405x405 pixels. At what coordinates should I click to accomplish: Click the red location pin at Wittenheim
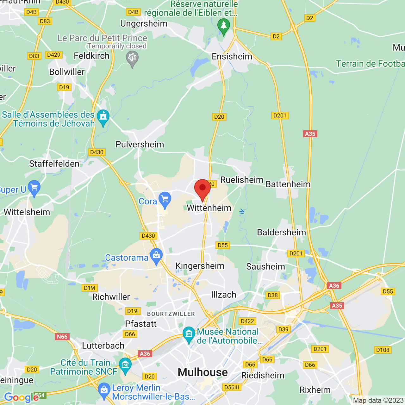point(202,189)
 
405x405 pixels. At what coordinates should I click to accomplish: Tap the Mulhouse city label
point(202,372)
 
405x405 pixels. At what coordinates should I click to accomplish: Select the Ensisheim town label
point(232,56)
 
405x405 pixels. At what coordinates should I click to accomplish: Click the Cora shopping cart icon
point(165,199)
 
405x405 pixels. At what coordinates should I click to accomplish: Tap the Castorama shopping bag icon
point(156,255)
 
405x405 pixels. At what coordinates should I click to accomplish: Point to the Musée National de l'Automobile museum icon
point(189,334)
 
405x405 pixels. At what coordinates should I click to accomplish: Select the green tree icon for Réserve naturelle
point(224,25)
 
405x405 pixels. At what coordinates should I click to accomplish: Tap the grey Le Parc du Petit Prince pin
point(132,58)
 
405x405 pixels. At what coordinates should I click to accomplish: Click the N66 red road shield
point(62,336)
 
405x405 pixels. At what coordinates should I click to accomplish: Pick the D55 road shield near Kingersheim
point(223,245)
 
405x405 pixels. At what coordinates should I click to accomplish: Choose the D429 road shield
point(53,55)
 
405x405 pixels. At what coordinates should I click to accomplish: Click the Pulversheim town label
point(140,144)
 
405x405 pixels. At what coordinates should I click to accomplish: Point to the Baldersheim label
point(281,232)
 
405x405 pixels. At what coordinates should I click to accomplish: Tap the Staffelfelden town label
point(54,164)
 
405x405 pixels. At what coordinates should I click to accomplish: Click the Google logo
point(21,397)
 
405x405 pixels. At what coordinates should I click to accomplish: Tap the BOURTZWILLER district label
point(171,314)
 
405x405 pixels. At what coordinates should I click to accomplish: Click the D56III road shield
point(232,387)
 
